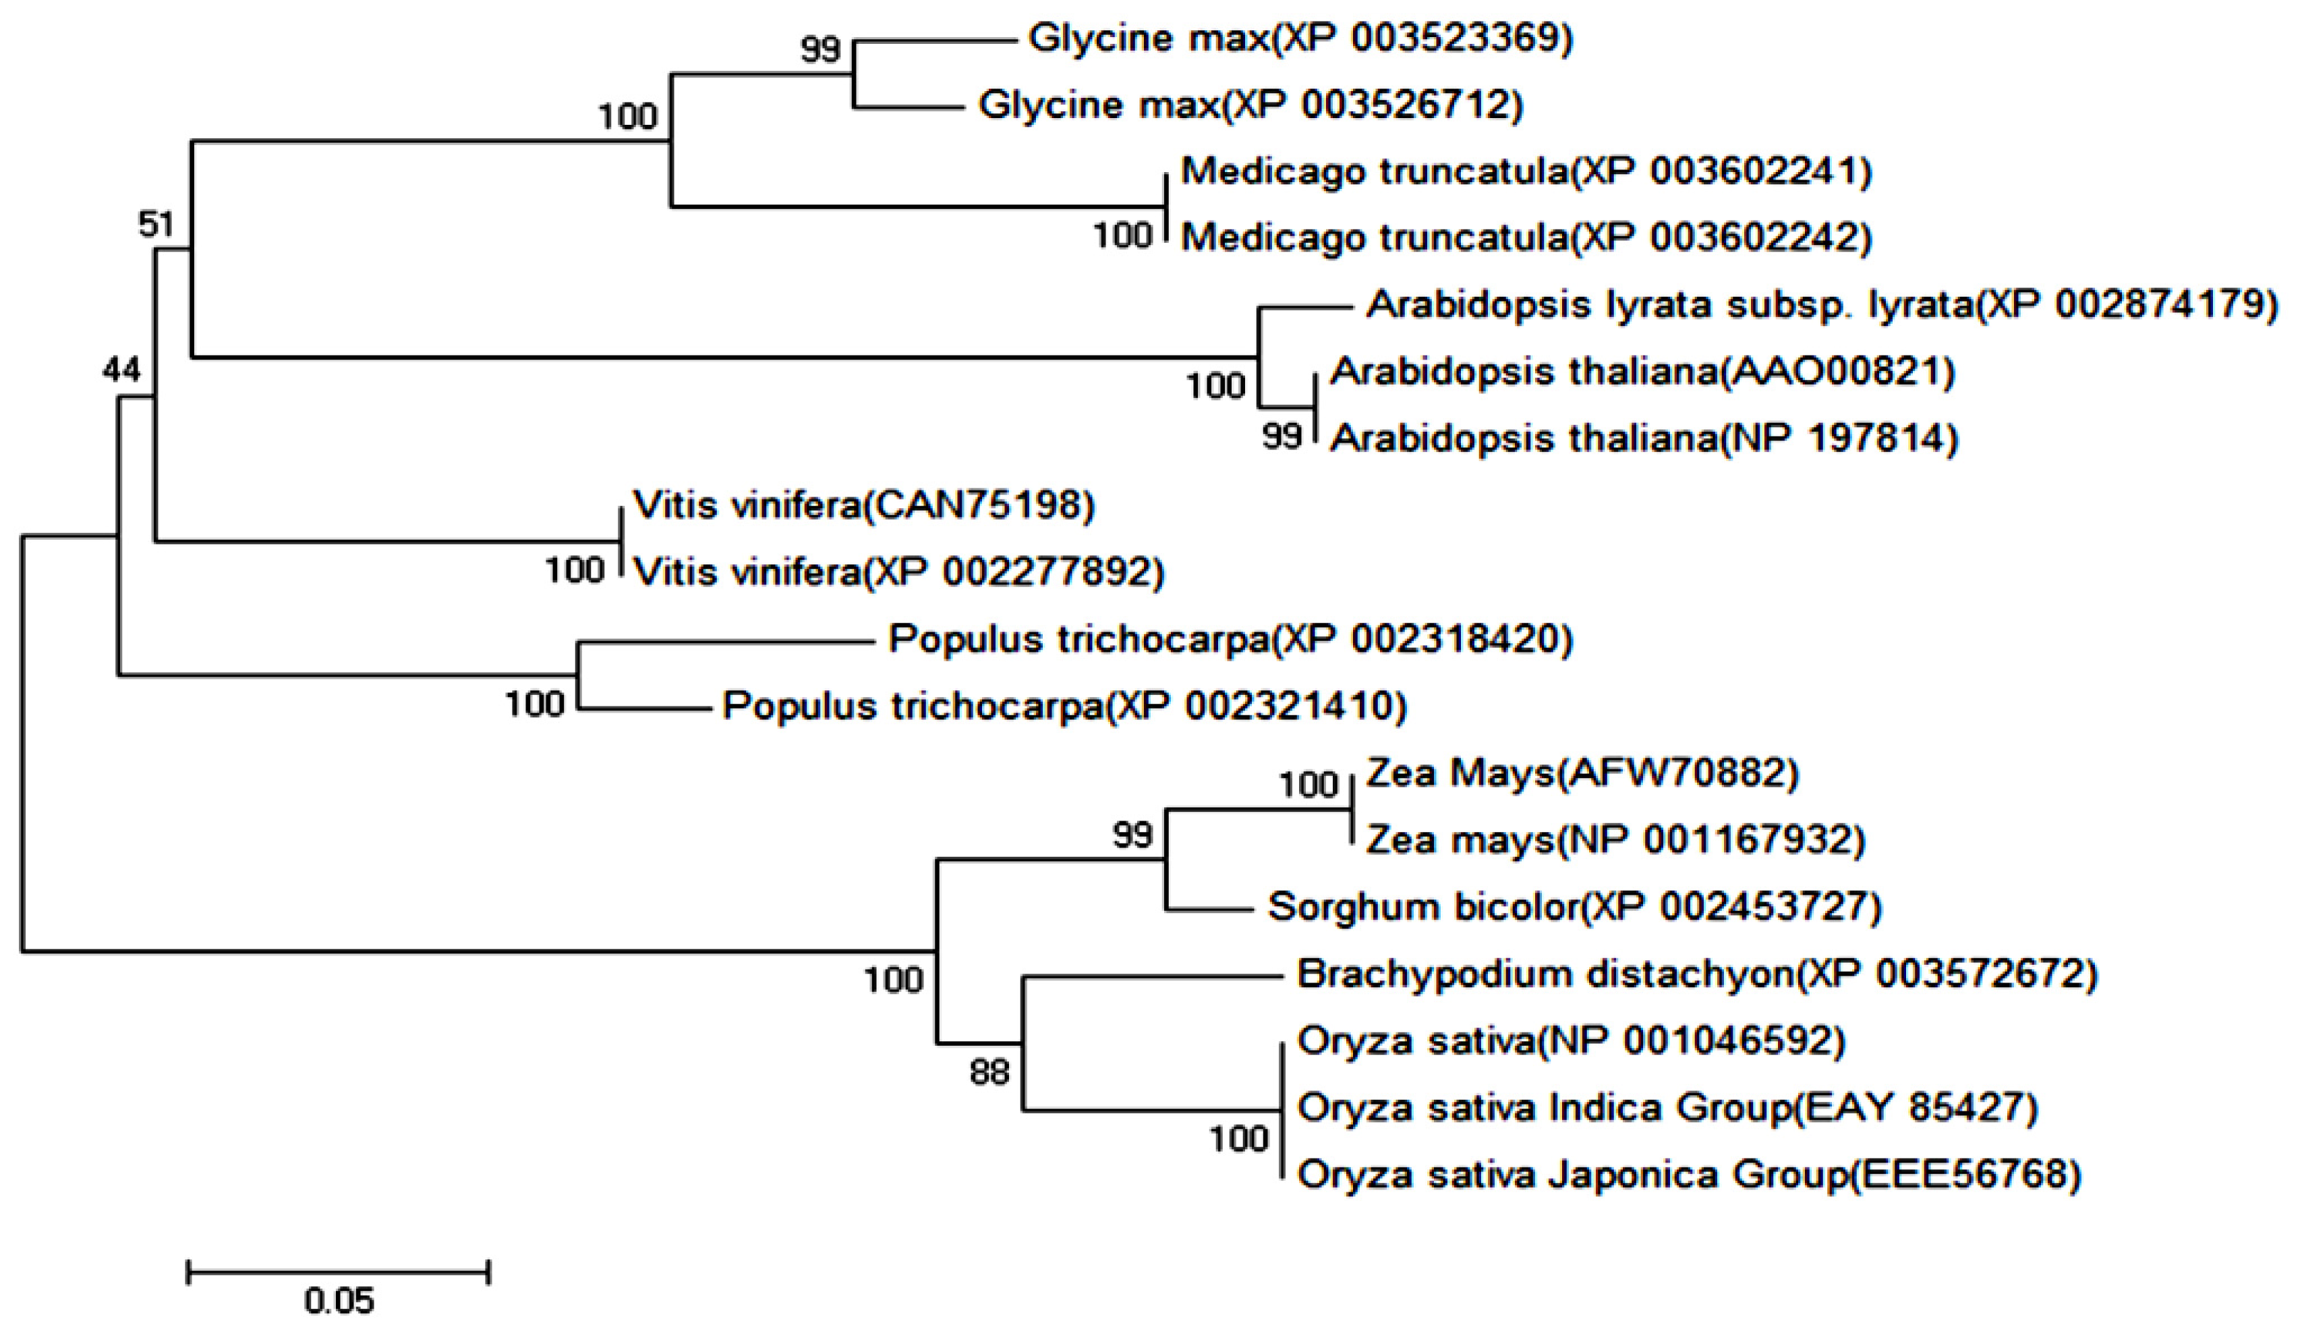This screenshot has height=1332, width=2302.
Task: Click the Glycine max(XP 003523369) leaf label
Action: coord(1300,38)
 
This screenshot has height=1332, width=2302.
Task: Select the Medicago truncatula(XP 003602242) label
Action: coord(1526,238)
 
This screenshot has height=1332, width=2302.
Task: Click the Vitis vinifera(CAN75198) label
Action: coord(863,505)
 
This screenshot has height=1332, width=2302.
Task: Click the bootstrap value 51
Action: coord(155,223)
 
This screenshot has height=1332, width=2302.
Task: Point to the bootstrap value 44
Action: coord(121,370)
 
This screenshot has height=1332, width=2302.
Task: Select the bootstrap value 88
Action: coord(989,1072)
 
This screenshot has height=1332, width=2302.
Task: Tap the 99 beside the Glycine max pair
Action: coord(820,49)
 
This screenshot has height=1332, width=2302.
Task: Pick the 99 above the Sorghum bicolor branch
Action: coord(1132,834)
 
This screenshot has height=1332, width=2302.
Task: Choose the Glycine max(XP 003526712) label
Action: coord(1250,105)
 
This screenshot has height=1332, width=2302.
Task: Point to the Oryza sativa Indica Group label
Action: coord(1667,1107)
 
